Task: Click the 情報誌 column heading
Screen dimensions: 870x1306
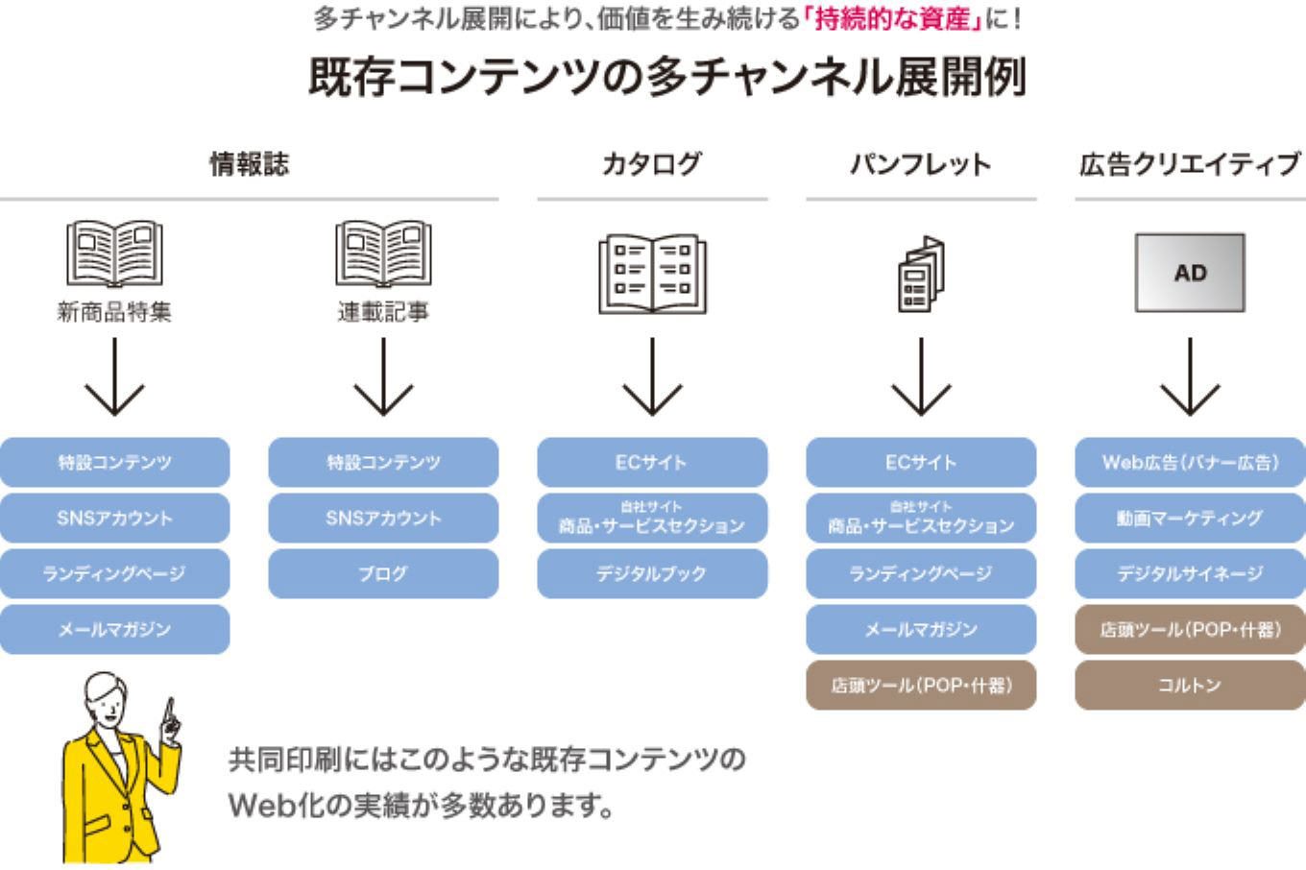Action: point(249,164)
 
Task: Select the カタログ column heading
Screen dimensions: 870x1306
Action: point(651,164)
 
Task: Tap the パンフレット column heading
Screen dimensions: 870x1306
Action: point(920,164)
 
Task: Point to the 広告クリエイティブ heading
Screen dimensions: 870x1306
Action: point(1189,164)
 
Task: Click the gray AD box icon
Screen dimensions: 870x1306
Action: point(1190,273)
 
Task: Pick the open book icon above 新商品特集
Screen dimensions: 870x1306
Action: point(114,254)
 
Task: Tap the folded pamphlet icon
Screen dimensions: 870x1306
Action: point(921,274)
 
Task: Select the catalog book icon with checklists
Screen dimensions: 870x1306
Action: point(652,274)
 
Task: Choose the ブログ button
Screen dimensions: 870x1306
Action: point(383,573)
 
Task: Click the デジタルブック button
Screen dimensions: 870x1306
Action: point(652,573)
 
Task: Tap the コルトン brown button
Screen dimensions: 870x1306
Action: point(1190,685)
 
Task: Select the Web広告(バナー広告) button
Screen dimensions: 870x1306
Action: point(1190,462)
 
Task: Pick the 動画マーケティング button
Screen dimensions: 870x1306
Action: point(1190,518)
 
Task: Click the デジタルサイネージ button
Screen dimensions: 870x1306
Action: point(1190,573)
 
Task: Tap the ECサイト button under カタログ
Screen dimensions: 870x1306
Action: point(652,462)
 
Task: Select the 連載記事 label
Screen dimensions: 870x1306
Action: point(383,312)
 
